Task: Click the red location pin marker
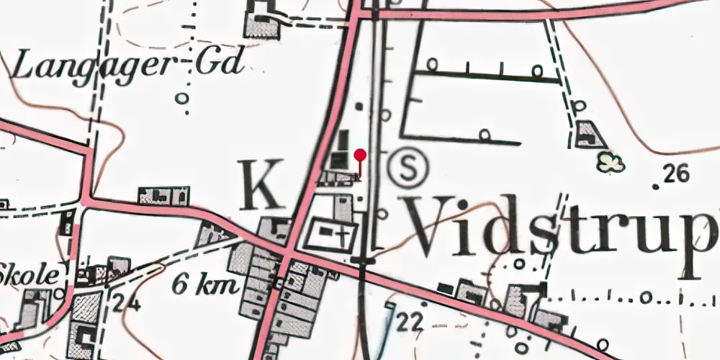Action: pos(361,156)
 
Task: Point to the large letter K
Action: pos(261,185)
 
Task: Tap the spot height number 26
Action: pos(678,173)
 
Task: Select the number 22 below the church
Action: pos(409,323)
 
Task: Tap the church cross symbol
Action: pos(345,233)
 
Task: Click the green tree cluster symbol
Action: pos(611,163)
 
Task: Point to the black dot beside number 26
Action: pos(655,186)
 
